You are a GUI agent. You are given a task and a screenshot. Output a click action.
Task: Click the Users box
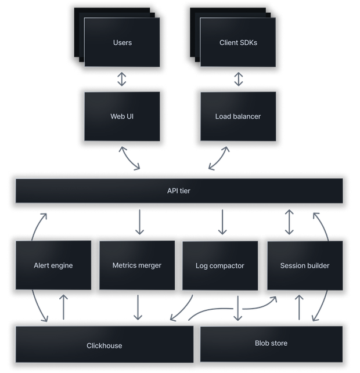pyautogui.click(x=122, y=42)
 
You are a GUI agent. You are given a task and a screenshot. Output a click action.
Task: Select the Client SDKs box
pyautogui.click(x=238, y=42)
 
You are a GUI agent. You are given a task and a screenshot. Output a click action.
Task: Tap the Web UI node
pyautogui.click(x=122, y=116)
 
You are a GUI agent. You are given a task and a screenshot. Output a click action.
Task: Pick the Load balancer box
pyautogui.click(x=238, y=116)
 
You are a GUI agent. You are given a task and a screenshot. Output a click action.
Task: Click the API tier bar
pyautogui.click(x=179, y=190)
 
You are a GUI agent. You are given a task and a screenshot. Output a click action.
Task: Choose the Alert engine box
pyautogui.click(x=53, y=265)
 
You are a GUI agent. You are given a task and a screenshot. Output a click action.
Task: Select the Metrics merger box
pyautogui.click(x=136, y=265)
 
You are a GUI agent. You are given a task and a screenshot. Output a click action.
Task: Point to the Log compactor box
pyautogui.click(x=220, y=266)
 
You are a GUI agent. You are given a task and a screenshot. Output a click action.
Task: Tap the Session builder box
pyautogui.click(x=304, y=265)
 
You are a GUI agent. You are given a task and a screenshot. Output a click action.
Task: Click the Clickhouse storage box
pyautogui.click(x=105, y=345)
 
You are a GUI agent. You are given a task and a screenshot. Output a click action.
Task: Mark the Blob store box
pyautogui.click(x=271, y=343)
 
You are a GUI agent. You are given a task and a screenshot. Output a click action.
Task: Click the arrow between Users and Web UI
pyautogui.click(x=122, y=79)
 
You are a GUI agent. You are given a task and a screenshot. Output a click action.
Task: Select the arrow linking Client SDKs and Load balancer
pyautogui.click(x=238, y=79)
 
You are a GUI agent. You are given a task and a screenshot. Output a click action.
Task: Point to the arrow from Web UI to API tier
pyautogui.click(x=131, y=158)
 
